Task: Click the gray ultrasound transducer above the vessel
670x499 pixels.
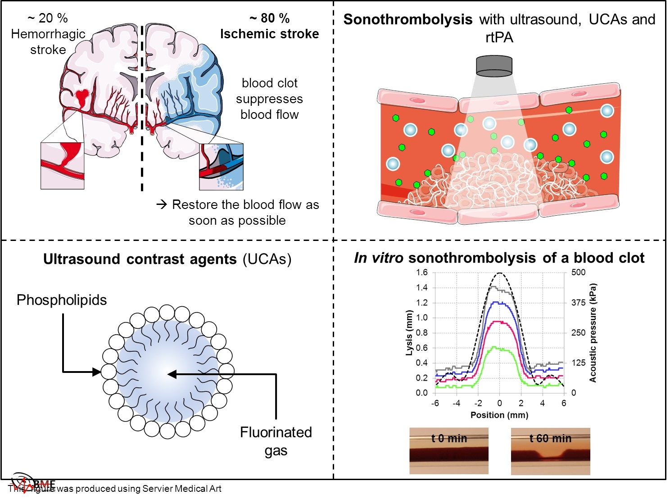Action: (494, 67)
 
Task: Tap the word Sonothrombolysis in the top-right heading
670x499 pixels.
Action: (408, 20)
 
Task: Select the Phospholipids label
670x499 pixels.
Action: (62, 300)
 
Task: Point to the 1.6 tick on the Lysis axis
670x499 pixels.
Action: (421, 272)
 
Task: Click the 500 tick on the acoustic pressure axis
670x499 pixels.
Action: (578, 272)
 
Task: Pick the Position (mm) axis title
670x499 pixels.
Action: (499, 415)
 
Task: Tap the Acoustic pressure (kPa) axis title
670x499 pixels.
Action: (593, 333)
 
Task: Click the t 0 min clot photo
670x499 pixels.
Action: (448, 451)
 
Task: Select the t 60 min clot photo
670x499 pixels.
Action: (550, 451)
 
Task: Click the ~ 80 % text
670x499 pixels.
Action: (269, 18)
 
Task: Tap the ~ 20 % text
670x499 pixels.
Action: (48, 18)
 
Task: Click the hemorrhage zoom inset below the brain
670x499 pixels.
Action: (62, 166)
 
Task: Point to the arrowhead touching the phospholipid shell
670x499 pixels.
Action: (97, 372)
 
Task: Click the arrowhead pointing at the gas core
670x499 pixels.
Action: (172, 374)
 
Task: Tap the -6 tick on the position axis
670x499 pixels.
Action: (435, 403)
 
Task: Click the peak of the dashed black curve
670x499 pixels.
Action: (499, 273)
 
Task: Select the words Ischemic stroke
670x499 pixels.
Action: (269, 34)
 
